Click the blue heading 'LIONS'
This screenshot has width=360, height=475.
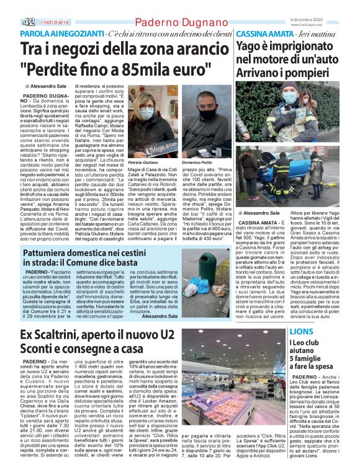[302, 332]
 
